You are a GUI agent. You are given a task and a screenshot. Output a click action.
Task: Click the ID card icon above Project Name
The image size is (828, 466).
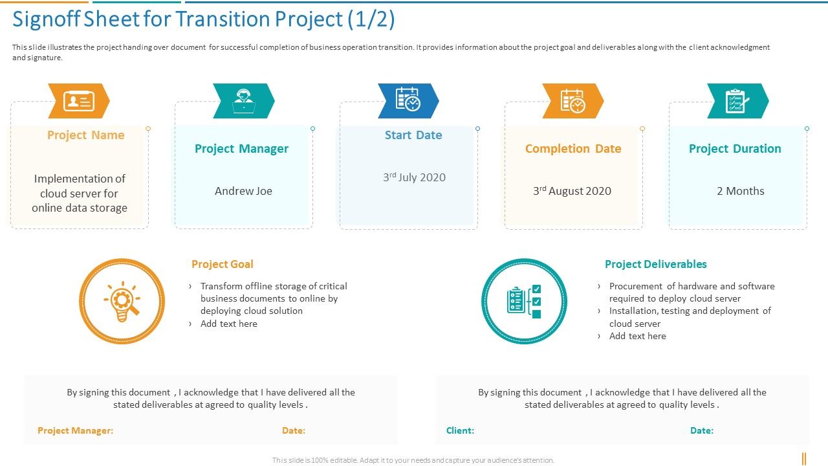79,101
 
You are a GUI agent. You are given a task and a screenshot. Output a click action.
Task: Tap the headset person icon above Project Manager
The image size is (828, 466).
244,101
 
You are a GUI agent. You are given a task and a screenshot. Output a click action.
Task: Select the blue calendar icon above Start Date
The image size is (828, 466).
408,100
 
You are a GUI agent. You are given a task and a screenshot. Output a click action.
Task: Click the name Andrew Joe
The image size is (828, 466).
243,191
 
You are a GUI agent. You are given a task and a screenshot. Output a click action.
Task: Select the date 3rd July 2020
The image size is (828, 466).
414,177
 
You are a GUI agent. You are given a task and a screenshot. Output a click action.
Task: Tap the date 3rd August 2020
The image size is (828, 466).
572,191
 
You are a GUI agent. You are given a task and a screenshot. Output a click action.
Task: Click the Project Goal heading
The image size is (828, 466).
222,264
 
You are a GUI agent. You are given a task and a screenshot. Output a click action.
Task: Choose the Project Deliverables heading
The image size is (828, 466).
655,264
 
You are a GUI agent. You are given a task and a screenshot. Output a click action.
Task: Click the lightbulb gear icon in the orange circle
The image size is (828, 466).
122,302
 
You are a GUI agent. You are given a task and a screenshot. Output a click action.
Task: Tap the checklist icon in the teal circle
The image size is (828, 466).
524,302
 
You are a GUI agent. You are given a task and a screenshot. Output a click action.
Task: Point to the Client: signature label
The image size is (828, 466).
460,430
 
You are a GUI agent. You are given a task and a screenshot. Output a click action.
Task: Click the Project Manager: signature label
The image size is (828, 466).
75,430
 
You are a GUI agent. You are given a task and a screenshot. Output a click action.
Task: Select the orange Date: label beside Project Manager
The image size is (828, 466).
294,430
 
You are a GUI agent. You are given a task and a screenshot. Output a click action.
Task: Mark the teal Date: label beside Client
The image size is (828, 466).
702,430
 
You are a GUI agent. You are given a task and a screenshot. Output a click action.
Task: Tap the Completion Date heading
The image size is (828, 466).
573,149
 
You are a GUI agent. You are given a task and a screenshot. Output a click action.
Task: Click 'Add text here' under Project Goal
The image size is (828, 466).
228,324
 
